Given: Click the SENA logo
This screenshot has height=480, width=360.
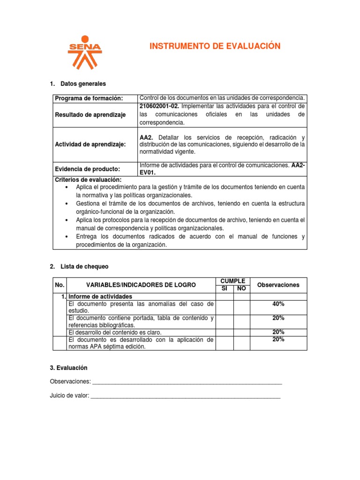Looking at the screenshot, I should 84,52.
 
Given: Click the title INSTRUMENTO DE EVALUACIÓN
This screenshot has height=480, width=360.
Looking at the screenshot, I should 215,46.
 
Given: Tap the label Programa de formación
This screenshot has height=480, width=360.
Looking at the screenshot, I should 89,98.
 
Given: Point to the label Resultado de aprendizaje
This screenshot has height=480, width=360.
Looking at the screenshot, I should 90,115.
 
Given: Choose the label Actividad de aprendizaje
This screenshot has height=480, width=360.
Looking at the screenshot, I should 90,145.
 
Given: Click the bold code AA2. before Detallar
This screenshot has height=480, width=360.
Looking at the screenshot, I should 147,137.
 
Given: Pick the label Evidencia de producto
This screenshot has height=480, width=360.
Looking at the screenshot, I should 87,169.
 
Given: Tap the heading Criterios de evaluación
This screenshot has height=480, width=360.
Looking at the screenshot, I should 88,180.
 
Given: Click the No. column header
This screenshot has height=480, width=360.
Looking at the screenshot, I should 59,285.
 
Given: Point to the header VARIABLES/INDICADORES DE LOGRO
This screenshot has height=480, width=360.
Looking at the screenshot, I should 141,285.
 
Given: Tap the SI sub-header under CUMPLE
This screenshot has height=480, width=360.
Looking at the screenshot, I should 224,289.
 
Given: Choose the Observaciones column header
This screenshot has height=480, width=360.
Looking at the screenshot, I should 278,285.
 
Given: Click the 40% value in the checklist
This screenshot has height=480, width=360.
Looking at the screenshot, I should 278,304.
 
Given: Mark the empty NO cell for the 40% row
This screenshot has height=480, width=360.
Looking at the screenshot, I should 241,307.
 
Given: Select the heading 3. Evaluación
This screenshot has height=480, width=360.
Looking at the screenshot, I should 68,368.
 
